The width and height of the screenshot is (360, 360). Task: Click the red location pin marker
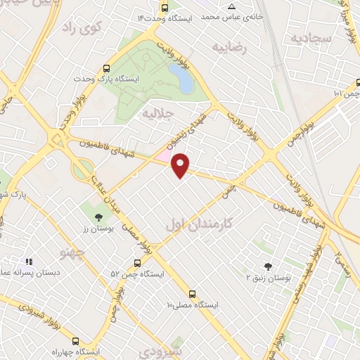[181, 165]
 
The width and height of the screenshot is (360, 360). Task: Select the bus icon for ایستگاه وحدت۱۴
[165, 8]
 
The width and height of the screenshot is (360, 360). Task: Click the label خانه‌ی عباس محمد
[236, 15]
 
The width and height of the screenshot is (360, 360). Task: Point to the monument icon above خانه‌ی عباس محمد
[232, 5]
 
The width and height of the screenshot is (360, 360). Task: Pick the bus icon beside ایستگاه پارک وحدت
[107, 69]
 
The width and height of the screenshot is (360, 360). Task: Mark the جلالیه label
[157, 112]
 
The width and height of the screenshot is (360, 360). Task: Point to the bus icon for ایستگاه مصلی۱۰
[192, 294]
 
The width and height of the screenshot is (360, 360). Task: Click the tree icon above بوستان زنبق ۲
[268, 266]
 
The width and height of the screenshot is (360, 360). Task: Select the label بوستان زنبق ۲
[268, 278]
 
